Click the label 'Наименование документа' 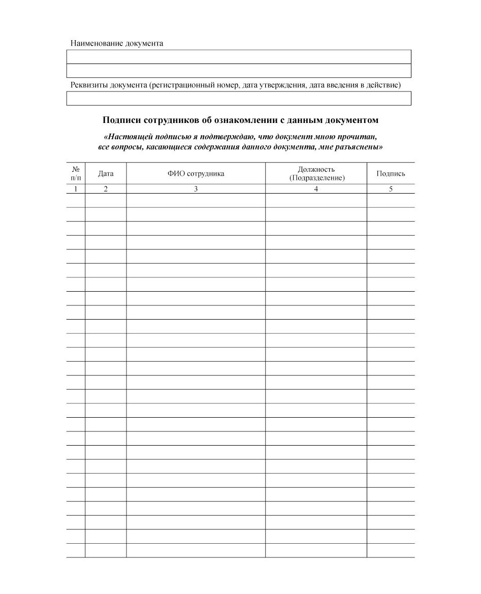click(117, 44)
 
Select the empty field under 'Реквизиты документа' click(239, 99)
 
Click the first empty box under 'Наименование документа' click(239, 56)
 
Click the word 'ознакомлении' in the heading click(264, 120)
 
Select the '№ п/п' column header click(76, 173)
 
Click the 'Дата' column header click(106, 174)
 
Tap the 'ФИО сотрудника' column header click(196, 174)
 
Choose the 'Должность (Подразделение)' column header click(316, 173)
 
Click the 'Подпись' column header click(391, 174)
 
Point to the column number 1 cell click(76, 189)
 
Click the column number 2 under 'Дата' click(106, 189)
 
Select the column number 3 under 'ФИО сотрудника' click(196, 189)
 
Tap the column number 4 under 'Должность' click(316, 189)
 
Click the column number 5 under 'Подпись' click(391, 189)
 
